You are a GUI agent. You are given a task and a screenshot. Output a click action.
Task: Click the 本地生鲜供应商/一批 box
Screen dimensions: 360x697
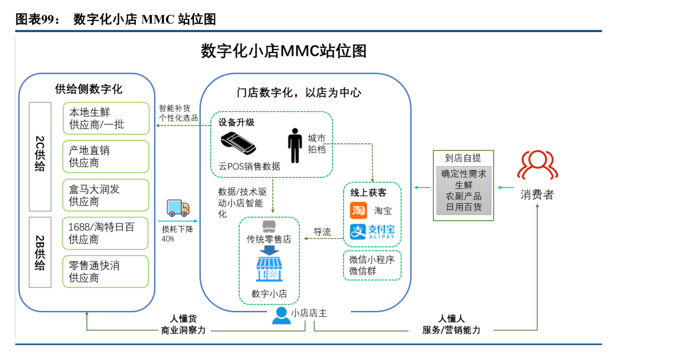click(106, 118)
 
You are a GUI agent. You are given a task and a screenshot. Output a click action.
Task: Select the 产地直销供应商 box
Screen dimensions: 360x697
click(106, 156)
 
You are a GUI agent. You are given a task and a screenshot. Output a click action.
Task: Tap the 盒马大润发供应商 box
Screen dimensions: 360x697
click(106, 195)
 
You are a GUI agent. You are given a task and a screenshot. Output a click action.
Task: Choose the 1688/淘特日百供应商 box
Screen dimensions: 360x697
click(106, 233)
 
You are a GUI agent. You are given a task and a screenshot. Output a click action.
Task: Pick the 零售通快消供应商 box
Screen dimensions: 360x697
click(106, 272)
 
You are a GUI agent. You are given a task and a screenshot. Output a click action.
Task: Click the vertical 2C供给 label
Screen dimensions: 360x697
click(40, 154)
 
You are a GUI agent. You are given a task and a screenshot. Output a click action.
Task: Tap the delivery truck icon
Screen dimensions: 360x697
click(178, 208)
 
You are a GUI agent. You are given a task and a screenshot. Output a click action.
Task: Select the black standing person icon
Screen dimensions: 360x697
click(295, 145)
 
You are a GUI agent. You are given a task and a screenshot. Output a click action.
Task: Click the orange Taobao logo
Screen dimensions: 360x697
click(358, 210)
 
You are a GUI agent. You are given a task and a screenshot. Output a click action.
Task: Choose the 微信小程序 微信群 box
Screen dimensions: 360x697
click(372, 265)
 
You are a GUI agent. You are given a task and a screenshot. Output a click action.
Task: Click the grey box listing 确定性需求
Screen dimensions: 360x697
click(463, 191)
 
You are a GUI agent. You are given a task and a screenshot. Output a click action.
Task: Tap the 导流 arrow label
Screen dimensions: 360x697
click(322, 232)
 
